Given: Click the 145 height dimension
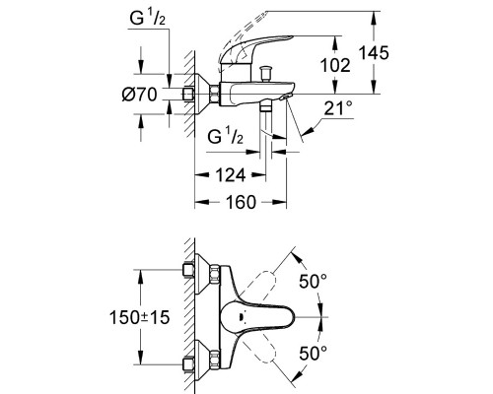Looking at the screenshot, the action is (x=374, y=53).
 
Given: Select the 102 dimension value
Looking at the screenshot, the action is (x=335, y=65).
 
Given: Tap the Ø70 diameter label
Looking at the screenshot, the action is (x=139, y=95).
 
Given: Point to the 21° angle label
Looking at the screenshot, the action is (x=338, y=108).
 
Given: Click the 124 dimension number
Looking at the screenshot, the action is (x=231, y=175).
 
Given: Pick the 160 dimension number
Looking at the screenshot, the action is (x=241, y=202).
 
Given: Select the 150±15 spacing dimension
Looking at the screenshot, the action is (x=140, y=317).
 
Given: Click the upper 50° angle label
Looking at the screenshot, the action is (x=313, y=282).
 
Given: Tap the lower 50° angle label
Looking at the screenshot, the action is (x=313, y=354).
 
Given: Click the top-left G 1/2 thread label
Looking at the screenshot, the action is (x=147, y=19).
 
